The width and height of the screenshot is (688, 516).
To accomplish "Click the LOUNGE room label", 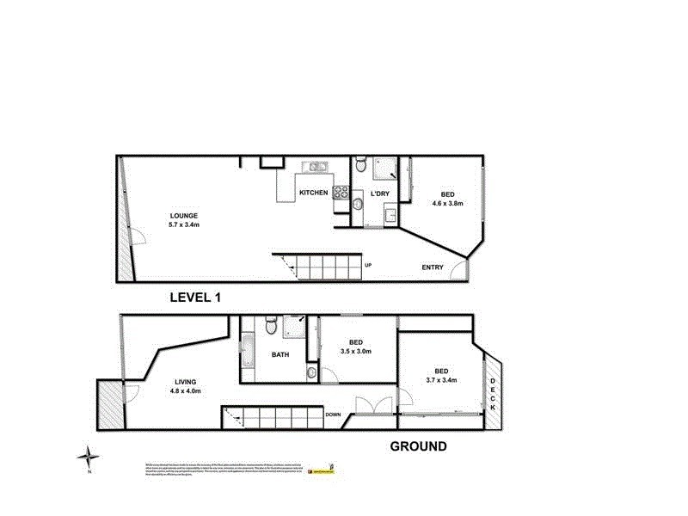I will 184,215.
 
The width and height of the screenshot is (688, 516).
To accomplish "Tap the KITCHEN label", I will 312,193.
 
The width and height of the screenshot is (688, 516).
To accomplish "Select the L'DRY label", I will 380,194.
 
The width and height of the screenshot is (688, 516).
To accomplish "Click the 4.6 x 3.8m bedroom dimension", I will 447,204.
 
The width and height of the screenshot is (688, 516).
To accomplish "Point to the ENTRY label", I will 433,267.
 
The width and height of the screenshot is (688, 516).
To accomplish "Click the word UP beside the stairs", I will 368,264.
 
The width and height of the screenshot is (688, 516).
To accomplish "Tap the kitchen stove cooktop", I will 341,193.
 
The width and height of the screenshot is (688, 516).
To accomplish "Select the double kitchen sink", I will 314,168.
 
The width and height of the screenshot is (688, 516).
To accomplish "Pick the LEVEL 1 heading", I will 196,298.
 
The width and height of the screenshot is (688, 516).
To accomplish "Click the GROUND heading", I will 419,445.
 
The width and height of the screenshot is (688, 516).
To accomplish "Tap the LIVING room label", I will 184,383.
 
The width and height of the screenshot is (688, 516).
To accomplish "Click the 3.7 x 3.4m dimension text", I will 440,379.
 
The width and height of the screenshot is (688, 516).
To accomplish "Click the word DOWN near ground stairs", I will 333,415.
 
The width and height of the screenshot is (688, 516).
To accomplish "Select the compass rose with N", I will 89,458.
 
